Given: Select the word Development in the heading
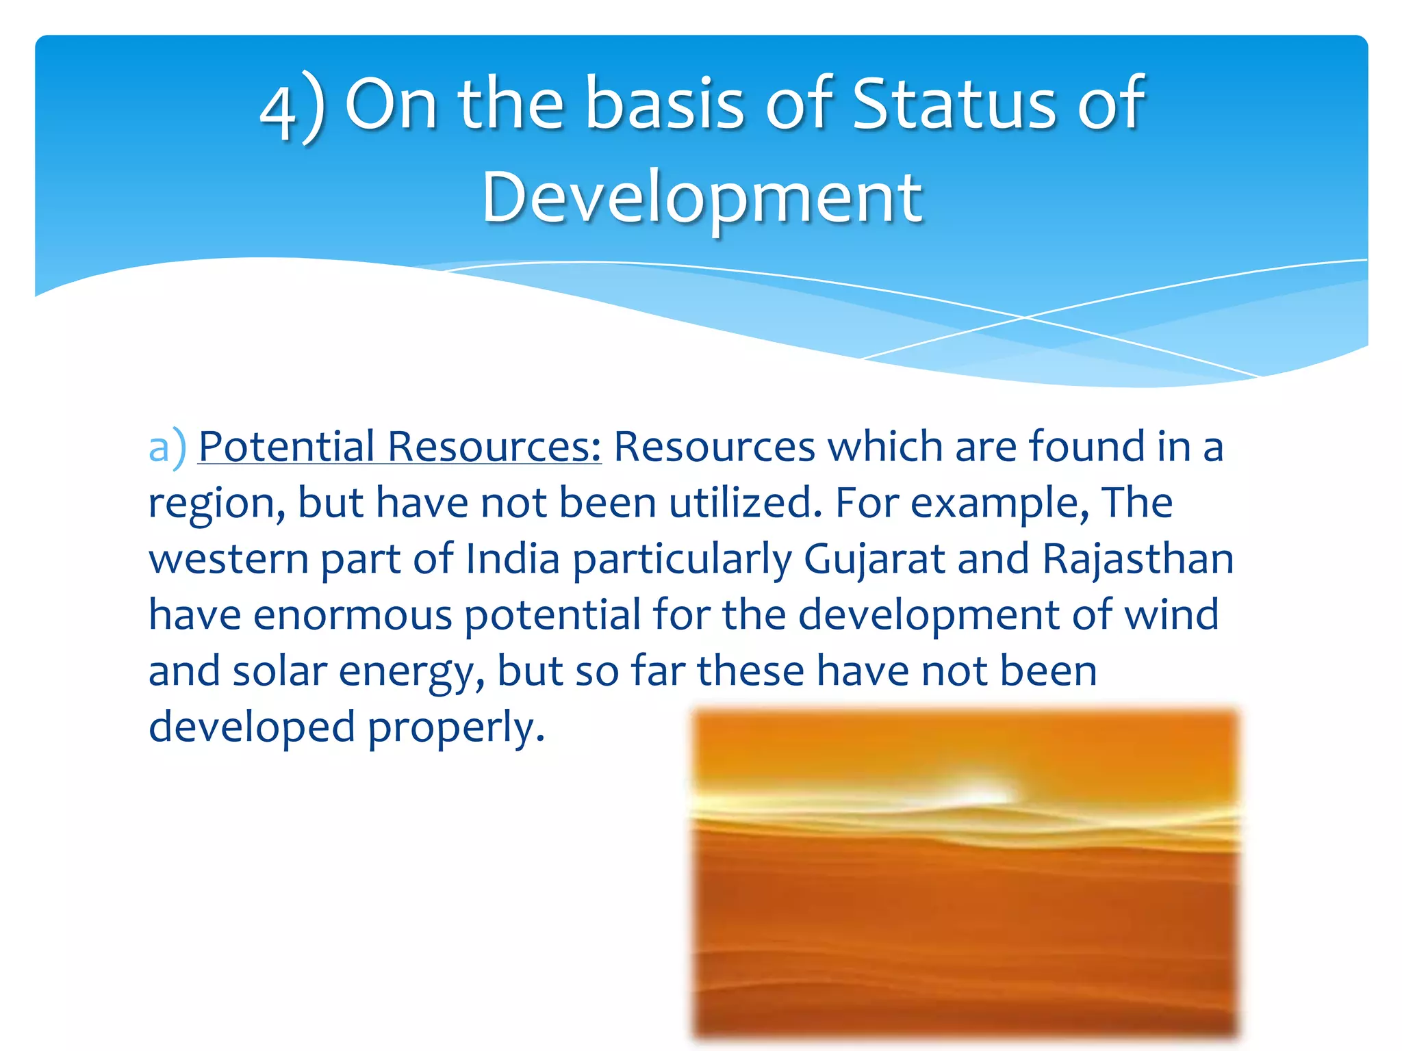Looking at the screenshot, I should coord(702,198).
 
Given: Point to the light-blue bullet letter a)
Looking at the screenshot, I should coord(167,447).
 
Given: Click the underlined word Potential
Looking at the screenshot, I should coord(286,447).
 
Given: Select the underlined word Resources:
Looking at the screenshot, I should coord(494,447).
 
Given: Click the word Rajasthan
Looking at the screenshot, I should coord(1137,559).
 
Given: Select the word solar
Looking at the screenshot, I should coord(279,671).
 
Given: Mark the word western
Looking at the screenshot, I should coord(229,560).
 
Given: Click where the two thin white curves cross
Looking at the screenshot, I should coord(1025,317).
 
